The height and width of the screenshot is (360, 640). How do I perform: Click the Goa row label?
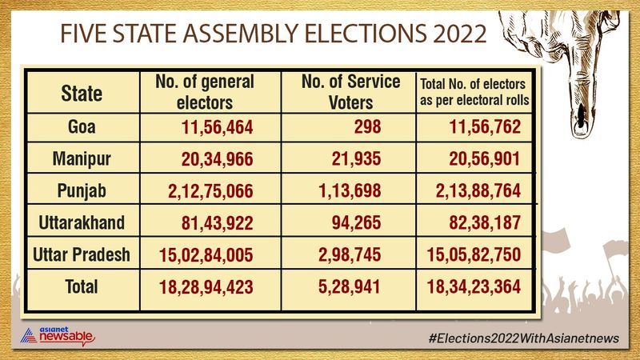82,127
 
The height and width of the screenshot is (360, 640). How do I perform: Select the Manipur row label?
82,160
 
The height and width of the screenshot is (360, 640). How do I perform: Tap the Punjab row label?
82,192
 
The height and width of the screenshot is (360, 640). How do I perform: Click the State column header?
82,94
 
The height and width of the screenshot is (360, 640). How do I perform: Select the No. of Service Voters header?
338,91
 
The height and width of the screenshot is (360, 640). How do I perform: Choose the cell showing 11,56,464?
216,127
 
